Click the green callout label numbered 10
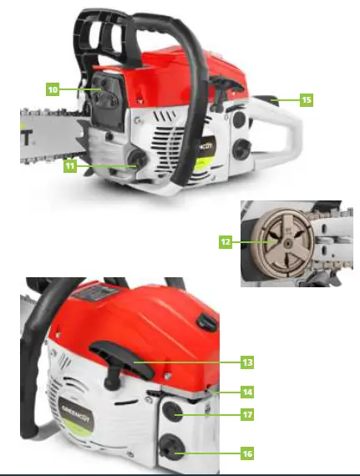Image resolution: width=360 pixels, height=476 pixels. (52, 87)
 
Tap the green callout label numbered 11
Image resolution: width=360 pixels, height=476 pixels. (70, 166)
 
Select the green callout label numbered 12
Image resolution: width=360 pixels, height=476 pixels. (225, 242)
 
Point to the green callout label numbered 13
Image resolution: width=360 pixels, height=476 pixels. (246, 362)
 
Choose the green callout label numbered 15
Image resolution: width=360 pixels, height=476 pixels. (306, 100)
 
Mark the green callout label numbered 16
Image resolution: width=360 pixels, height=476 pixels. (246, 453)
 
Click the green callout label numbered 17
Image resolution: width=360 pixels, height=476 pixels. (246, 414)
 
